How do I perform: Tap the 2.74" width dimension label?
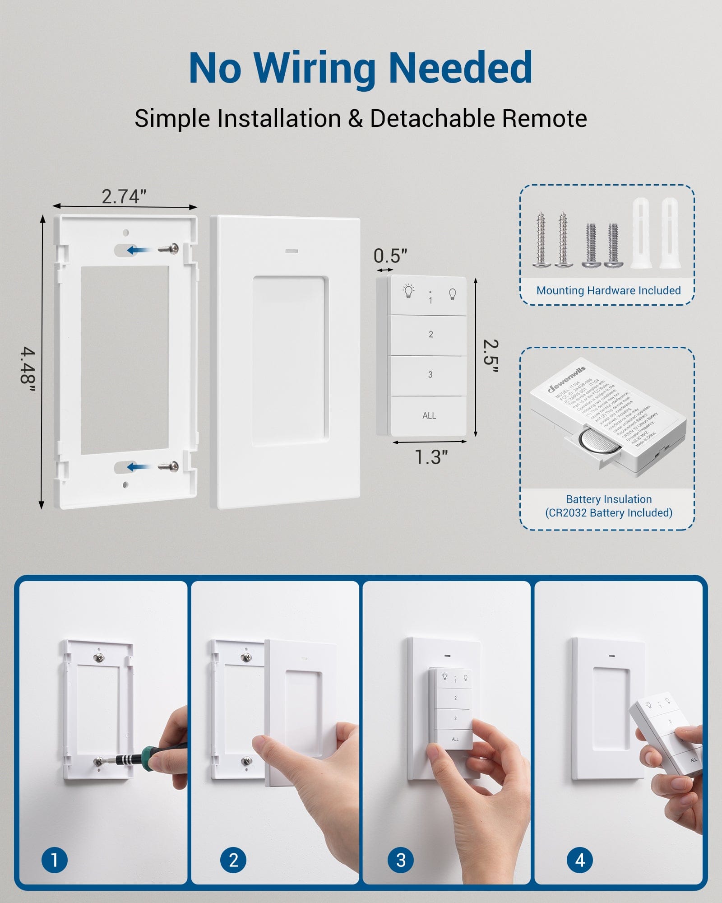124,196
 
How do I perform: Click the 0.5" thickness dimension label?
390,256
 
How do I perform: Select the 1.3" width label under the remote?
431,457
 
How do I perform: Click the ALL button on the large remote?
429,415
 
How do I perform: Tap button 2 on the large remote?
430,334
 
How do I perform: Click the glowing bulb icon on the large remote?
408,291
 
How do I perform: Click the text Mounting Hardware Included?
608,290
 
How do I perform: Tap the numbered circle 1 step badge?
55,860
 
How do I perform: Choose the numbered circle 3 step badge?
401,860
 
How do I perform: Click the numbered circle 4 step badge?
580,860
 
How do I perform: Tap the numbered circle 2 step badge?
233,860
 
